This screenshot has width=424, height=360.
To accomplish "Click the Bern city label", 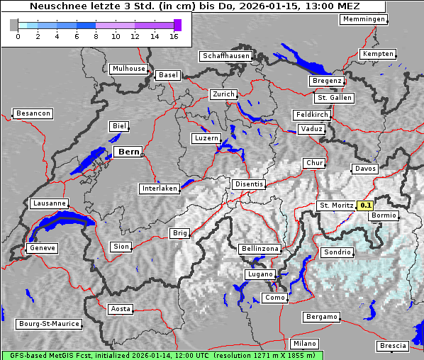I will [x=128, y=152].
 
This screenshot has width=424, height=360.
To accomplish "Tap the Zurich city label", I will [x=223, y=94].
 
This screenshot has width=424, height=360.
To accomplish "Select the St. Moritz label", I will [x=336, y=206].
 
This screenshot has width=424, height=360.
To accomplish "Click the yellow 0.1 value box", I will [x=365, y=206].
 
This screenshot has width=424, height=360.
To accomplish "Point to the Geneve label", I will [x=42, y=249].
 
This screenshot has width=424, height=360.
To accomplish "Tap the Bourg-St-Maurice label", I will [x=49, y=324].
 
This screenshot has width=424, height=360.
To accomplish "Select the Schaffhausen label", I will [x=226, y=55].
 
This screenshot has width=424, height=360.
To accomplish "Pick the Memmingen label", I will [x=364, y=19].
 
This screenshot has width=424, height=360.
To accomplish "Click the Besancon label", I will [x=33, y=113].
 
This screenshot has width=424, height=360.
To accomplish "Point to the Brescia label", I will [x=393, y=346].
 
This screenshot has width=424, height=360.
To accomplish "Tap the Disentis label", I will [x=249, y=184].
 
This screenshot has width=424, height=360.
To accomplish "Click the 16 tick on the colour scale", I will [x=174, y=35].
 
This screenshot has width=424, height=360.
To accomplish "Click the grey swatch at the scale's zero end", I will [x=14, y=26].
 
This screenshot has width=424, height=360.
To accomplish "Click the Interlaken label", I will [x=159, y=189].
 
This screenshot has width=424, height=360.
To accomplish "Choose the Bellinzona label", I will [x=260, y=249].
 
